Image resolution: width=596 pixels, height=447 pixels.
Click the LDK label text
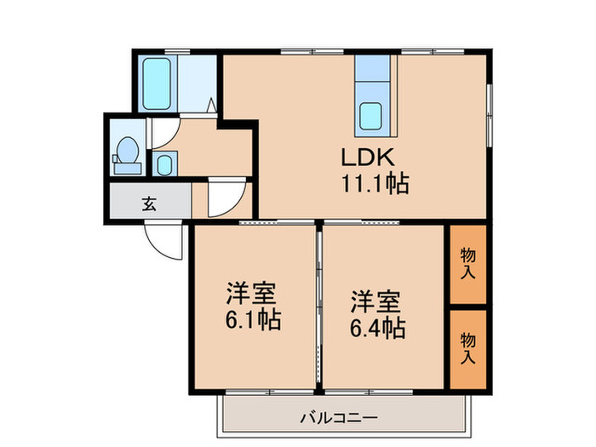tap(367, 158)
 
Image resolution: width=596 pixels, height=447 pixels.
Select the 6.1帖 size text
tap(254, 321)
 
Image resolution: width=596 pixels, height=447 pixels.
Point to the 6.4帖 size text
tap(376, 325)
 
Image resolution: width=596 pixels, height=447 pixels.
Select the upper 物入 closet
tap(467, 264)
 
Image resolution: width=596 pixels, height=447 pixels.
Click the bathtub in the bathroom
tap(156, 83)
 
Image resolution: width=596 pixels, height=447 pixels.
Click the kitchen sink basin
tap(371, 116)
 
